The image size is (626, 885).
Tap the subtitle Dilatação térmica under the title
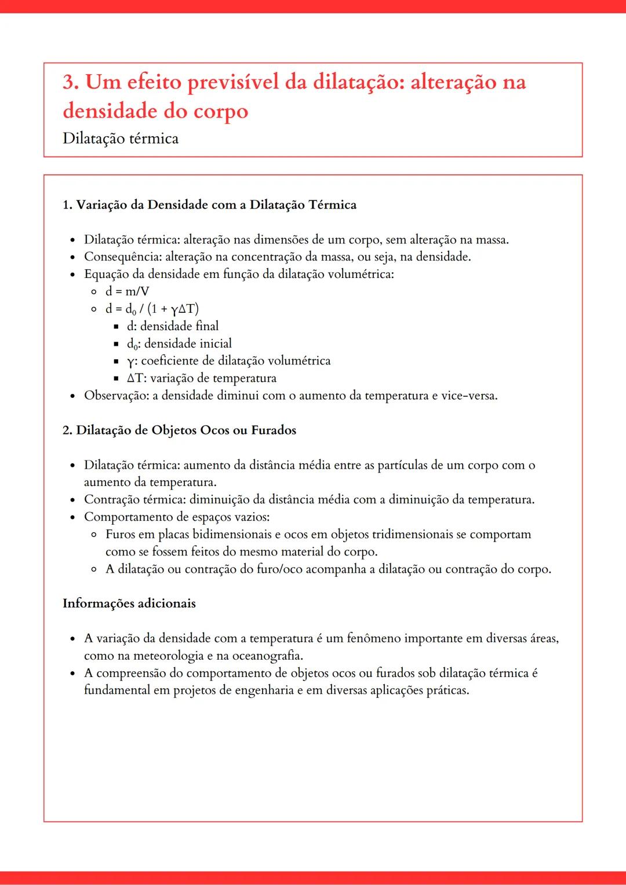(x=121, y=138)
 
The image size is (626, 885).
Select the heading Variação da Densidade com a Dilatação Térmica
(x=216, y=204)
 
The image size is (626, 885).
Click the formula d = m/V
(x=127, y=291)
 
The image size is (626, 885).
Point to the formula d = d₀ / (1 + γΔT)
(x=152, y=309)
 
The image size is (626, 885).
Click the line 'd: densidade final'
(x=173, y=326)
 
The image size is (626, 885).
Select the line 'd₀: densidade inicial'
(x=179, y=343)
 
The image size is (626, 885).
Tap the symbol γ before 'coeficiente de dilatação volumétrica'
(x=130, y=361)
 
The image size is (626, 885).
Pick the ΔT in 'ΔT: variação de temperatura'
(x=134, y=378)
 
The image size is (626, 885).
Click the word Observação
(x=115, y=396)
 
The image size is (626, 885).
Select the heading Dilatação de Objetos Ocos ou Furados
(x=185, y=430)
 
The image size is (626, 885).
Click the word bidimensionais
(x=232, y=534)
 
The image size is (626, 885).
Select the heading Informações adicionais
(x=129, y=603)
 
